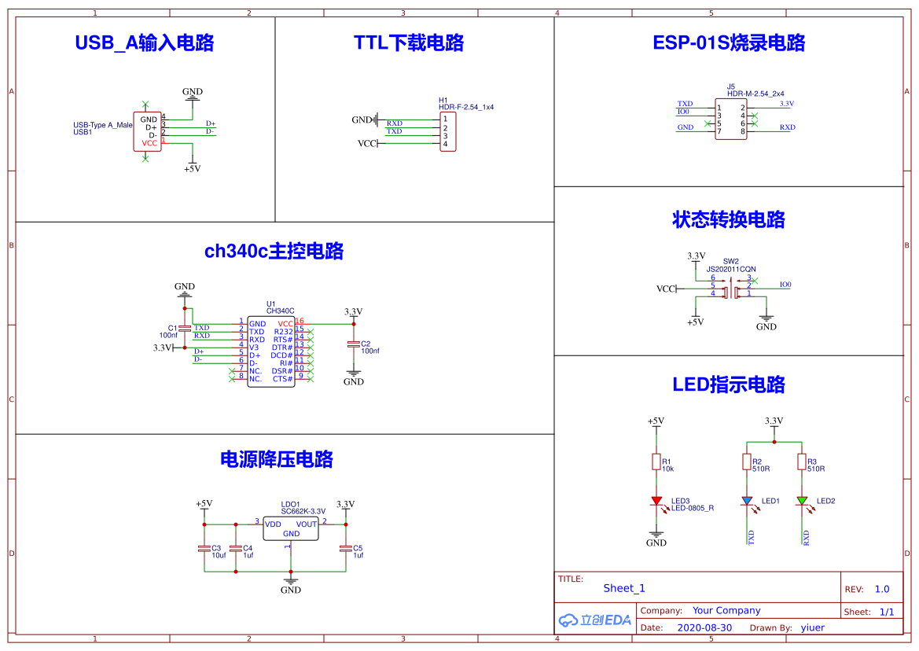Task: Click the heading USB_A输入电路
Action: pyautogui.click(x=144, y=42)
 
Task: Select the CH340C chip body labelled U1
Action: pyautogui.click(x=271, y=351)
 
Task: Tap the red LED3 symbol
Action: pyautogui.click(x=656, y=501)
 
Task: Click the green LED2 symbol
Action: pyautogui.click(x=802, y=501)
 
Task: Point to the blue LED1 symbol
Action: pyautogui.click(x=747, y=501)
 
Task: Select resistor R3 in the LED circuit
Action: pyautogui.click(x=802, y=462)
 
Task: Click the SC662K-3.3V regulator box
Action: pyautogui.click(x=290, y=528)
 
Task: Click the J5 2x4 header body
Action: pyautogui.click(x=730, y=120)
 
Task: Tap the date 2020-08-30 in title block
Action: pyautogui.click(x=704, y=627)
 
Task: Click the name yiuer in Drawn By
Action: pyautogui.click(x=812, y=627)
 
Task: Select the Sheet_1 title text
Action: pyautogui.click(x=624, y=588)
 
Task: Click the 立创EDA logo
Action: pyautogui.click(x=595, y=620)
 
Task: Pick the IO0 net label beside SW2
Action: pyautogui.click(x=785, y=285)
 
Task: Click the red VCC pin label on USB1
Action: pyautogui.click(x=149, y=143)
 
